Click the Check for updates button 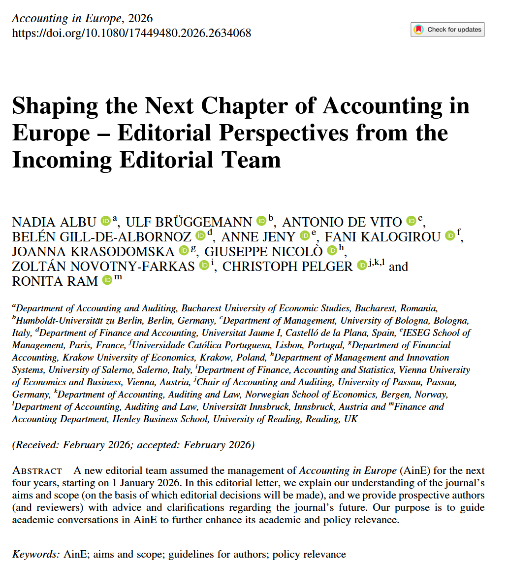point(447,30)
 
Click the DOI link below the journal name point(131,33)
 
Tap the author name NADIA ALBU point(54,222)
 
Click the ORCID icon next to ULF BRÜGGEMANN point(261,221)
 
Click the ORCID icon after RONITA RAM point(107,281)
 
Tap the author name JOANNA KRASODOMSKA point(93,252)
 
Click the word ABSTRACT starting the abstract point(37,471)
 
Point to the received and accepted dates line point(133,445)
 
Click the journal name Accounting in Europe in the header point(66,19)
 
